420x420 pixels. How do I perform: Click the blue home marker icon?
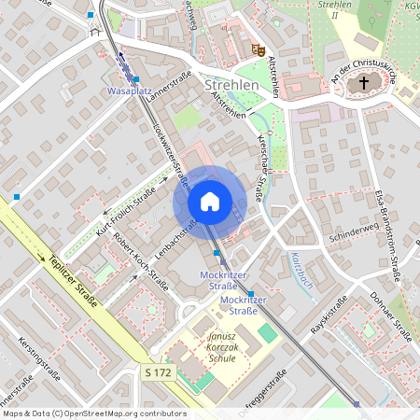tap(210, 202)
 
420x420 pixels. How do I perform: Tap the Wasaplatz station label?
tap(130, 93)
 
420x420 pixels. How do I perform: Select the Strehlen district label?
tap(231, 85)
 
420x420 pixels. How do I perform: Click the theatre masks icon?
tap(258, 48)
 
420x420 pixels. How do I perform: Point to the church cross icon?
tap(363, 83)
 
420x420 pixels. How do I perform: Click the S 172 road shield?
tap(160, 372)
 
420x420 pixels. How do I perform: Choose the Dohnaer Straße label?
tap(391, 314)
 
